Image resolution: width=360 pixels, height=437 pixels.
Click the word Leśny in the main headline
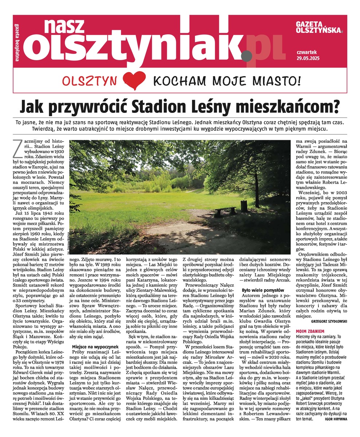[x=218, y=107]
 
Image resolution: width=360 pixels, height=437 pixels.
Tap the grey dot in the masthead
[x=246, y=56]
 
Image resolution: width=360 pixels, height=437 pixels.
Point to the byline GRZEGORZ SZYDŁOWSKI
[x=329, y=322]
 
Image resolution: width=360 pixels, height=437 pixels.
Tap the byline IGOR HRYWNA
[x=335, y=419]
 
